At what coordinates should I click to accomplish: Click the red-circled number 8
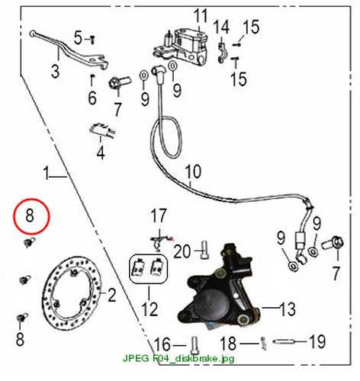30,216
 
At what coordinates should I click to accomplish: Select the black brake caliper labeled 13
220,287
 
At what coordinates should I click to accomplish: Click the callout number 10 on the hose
193,172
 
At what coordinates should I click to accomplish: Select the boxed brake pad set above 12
149,269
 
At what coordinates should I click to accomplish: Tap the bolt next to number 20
204,250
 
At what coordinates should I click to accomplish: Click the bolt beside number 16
194,345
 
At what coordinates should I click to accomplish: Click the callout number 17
159,216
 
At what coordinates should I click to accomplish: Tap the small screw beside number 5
93,40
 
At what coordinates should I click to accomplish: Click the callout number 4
101,153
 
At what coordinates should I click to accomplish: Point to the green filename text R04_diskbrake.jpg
193,359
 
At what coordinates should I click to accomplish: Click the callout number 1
46,173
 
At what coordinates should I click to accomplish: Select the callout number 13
288,309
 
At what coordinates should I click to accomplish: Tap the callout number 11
201,16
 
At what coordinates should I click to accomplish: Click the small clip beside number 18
264,344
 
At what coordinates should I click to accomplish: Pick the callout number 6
92,98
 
